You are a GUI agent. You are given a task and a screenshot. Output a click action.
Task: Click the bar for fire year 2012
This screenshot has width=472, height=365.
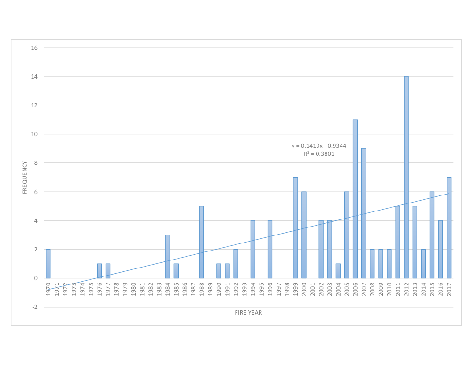pos(406,177)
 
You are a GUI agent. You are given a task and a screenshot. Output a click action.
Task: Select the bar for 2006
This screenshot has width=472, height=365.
pos(355,199)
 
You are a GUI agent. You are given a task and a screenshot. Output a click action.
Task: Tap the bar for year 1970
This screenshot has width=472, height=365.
pos(48,264)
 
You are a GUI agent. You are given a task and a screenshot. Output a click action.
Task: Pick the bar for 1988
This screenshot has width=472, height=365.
pos(202,242)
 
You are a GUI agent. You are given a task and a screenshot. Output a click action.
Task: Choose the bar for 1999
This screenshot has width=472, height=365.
pos(295,227)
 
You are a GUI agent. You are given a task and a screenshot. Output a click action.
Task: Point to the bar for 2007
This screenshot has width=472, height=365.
pos(364,213)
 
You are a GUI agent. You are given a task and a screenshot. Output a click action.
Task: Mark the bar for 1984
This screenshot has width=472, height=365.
pos(167,256)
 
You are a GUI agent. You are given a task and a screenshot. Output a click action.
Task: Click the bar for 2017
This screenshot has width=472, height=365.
pos(449,227)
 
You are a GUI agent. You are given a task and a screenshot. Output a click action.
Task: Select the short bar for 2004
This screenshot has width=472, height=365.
pos(338,271)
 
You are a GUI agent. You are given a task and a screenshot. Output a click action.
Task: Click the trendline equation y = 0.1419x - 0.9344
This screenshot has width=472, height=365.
pos(319,146)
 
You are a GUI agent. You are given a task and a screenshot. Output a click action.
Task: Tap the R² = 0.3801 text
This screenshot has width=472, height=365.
pos(319,154)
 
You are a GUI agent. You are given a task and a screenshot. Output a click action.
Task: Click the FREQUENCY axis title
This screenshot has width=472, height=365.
pos(25,177)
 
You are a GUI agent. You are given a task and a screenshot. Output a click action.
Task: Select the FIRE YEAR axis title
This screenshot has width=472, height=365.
pos(248,313)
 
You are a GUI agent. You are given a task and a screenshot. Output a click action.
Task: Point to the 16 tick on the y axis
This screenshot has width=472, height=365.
pos(34,48)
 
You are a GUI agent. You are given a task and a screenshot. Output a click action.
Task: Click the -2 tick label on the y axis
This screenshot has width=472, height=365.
pos(34,307)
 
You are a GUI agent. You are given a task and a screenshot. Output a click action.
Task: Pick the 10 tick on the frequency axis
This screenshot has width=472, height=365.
pos(34,134)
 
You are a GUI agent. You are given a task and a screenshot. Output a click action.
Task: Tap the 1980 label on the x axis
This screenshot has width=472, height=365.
pos(133,288)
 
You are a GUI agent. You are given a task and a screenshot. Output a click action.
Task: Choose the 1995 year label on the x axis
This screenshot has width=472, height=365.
pos(261,288)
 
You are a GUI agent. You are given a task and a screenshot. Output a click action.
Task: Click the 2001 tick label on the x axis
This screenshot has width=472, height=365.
pos(312,288)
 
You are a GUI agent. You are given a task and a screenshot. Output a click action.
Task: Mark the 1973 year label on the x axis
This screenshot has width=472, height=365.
pos(74,288)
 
